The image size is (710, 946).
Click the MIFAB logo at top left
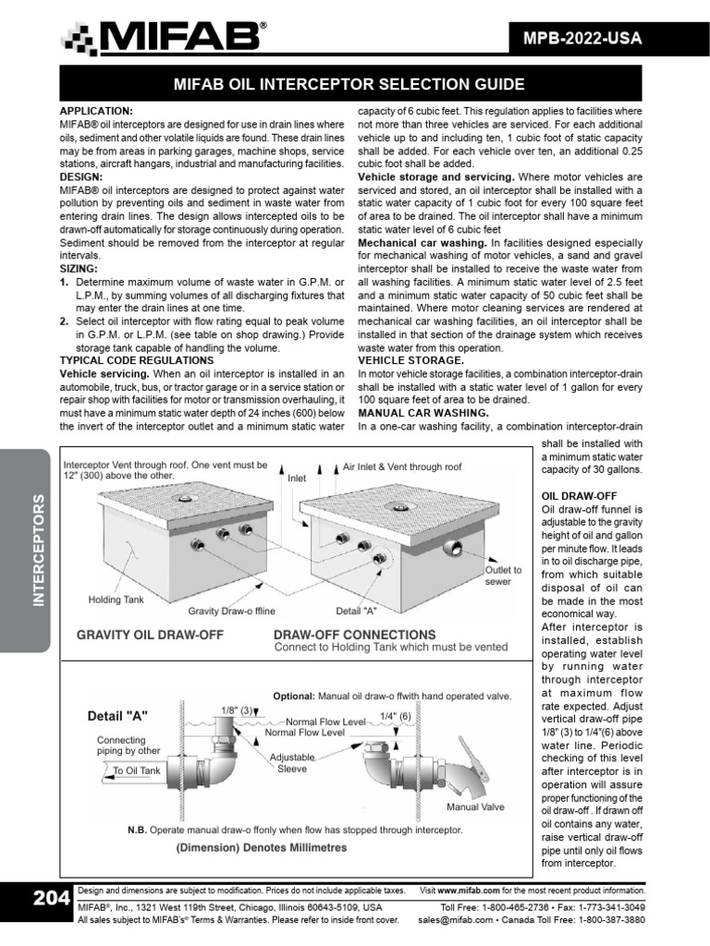point(164,39)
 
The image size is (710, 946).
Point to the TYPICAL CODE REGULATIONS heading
point(137,359)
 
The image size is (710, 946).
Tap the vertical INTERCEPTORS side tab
point(38,550)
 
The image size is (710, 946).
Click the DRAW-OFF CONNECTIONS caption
point(355,635)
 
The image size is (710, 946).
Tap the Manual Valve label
point(475,807)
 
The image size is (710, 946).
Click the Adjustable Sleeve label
point(292,763)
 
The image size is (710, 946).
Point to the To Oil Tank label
point(137,770)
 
